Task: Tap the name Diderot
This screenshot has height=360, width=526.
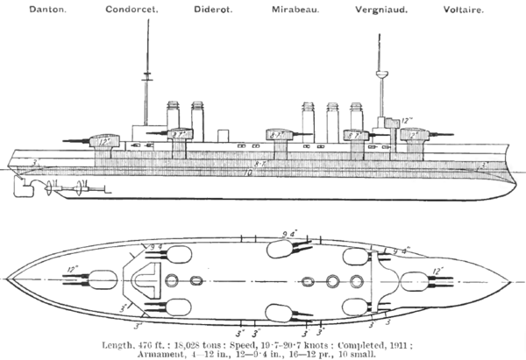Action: click(206, 10)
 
